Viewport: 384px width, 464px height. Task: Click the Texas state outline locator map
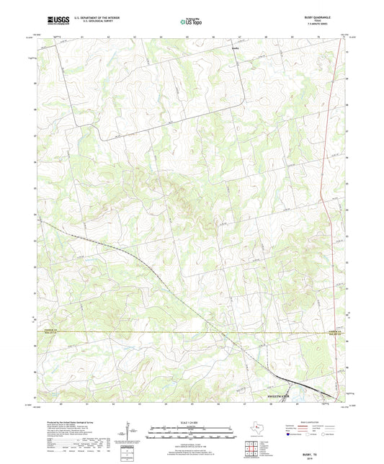[256, 429]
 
